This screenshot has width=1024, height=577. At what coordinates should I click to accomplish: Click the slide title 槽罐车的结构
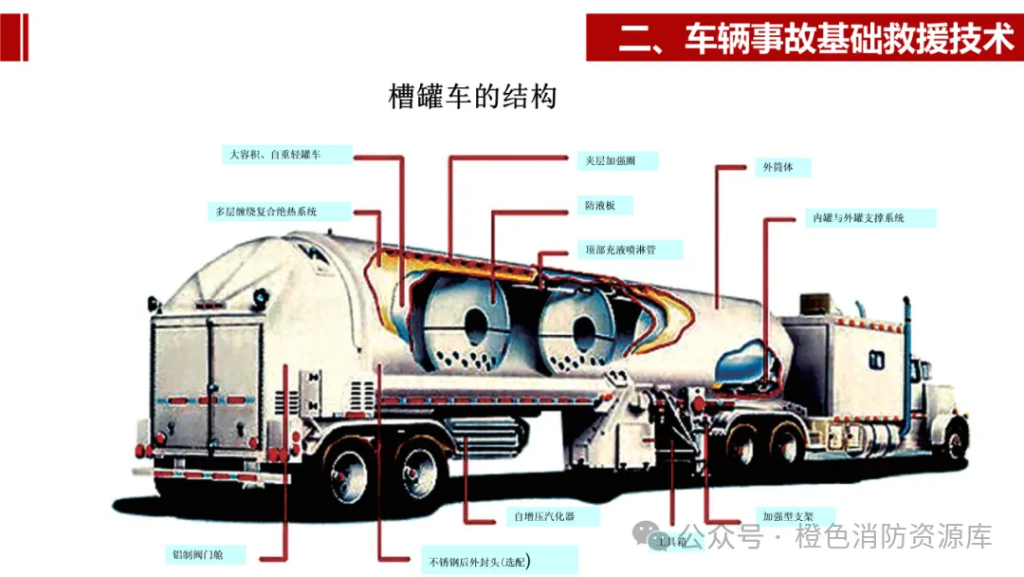[472, 97]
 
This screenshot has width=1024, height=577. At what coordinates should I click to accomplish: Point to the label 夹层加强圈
[611, 161]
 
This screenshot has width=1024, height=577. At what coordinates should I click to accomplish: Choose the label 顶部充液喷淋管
[621, 251]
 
